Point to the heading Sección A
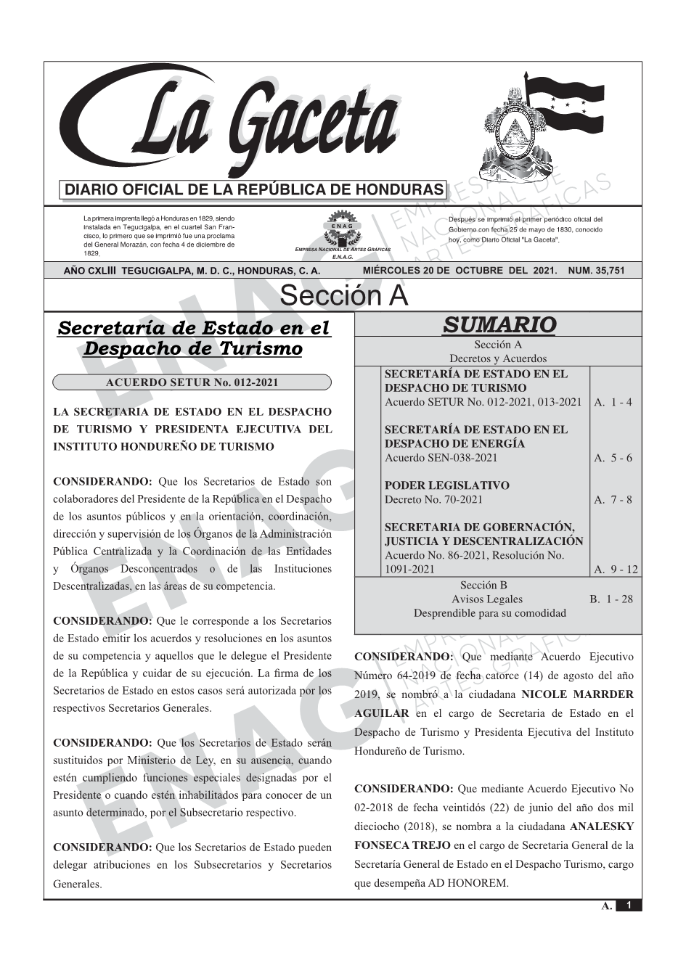(x=343, y=296)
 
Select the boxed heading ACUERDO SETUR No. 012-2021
(x=192, y=382)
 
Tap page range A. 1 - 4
(x=613, y=402)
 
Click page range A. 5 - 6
(x=613, y=458)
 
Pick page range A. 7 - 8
(x=613, y=499)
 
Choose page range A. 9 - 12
(x=616, y=570)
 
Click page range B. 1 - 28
(x=611, y=599)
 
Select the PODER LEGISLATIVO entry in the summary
(x=446, y=485)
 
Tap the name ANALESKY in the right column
(x=602, y=826)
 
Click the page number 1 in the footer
(x=629, y=906)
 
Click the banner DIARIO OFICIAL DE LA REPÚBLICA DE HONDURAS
(x=254, y=190)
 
